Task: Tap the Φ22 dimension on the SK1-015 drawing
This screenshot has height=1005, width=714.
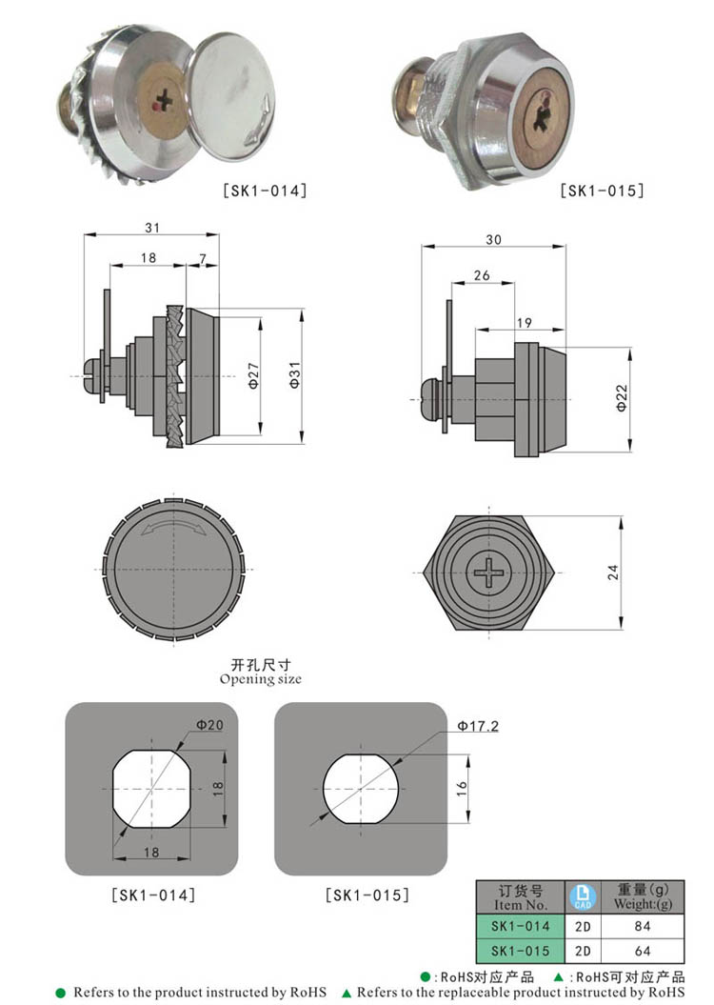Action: [x=621, y=399]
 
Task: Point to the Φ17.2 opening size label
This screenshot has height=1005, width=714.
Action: [x=477, y=726]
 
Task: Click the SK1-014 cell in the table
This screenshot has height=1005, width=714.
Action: [x=520, y=926]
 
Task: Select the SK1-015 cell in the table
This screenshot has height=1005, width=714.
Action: [x=520, y=951]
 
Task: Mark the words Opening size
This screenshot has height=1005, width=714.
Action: [x=260, y=679]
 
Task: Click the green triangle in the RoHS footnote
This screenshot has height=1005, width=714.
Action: [x=347, y=993]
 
